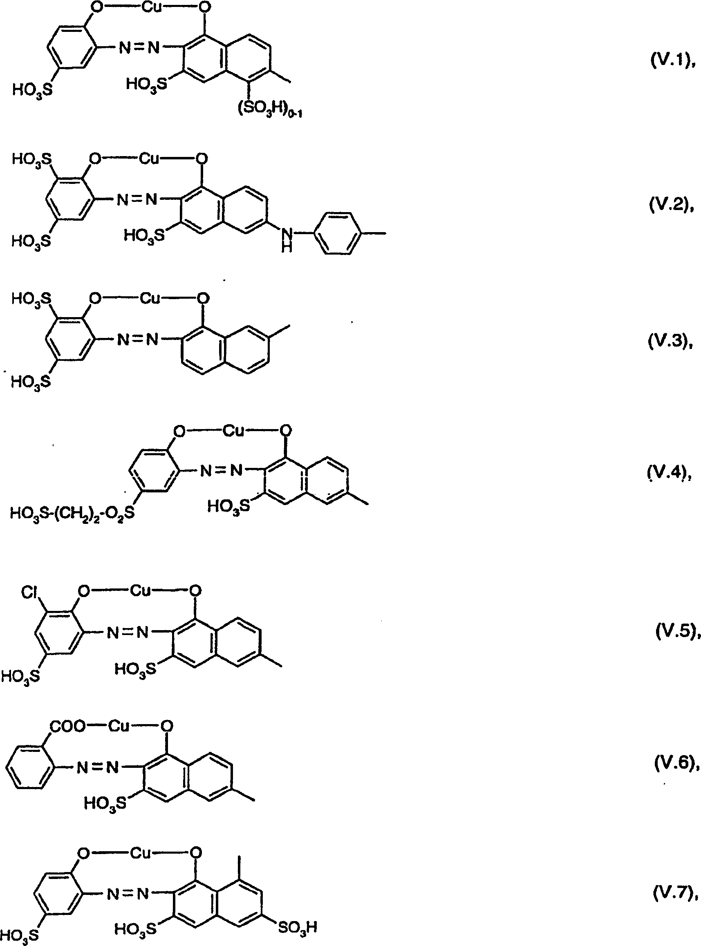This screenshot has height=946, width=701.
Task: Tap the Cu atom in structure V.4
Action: click(x=234, y=432)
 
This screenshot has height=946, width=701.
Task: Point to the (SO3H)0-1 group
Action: click(x=269, y=111)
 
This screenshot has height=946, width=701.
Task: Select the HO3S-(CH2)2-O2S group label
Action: click(x=72, y=513)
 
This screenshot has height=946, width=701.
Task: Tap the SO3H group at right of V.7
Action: click(x=298, y=927)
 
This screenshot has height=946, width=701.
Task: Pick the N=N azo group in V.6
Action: click(x=97, y=767)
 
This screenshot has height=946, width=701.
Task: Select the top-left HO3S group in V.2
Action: click(x=31, y=160)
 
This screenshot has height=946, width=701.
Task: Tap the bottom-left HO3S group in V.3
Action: click(x=31, y=381)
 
